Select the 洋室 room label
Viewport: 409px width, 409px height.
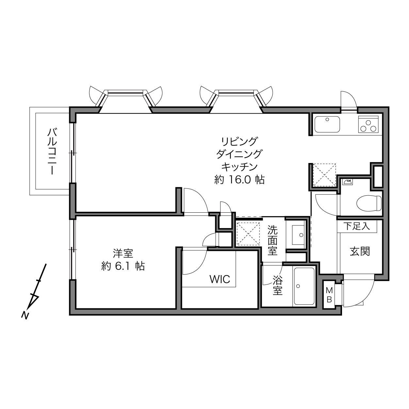123,254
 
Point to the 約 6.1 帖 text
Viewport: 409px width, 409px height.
123,266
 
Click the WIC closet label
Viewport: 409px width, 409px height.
220,279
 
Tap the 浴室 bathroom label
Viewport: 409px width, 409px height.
278,285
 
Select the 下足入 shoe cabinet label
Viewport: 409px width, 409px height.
357,226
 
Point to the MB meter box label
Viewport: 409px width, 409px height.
329,295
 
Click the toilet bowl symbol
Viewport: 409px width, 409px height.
369,203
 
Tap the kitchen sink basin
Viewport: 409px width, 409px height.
327,124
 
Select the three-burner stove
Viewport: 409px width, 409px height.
368,124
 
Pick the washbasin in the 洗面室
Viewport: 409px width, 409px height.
298,235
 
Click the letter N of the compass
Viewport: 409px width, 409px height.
25,315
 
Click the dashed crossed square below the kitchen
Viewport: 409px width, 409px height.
324,175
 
